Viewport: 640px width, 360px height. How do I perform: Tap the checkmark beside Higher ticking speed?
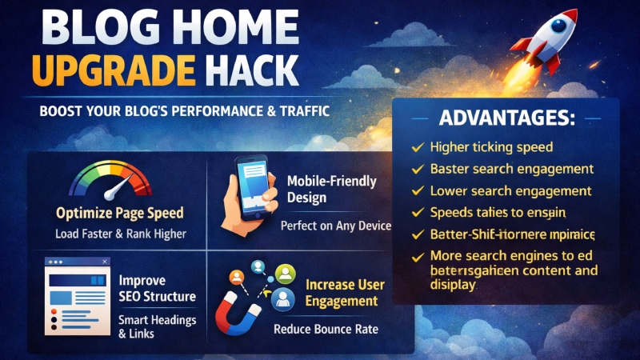tap(416, 148)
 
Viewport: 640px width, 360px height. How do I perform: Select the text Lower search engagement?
tap(510, 191)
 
